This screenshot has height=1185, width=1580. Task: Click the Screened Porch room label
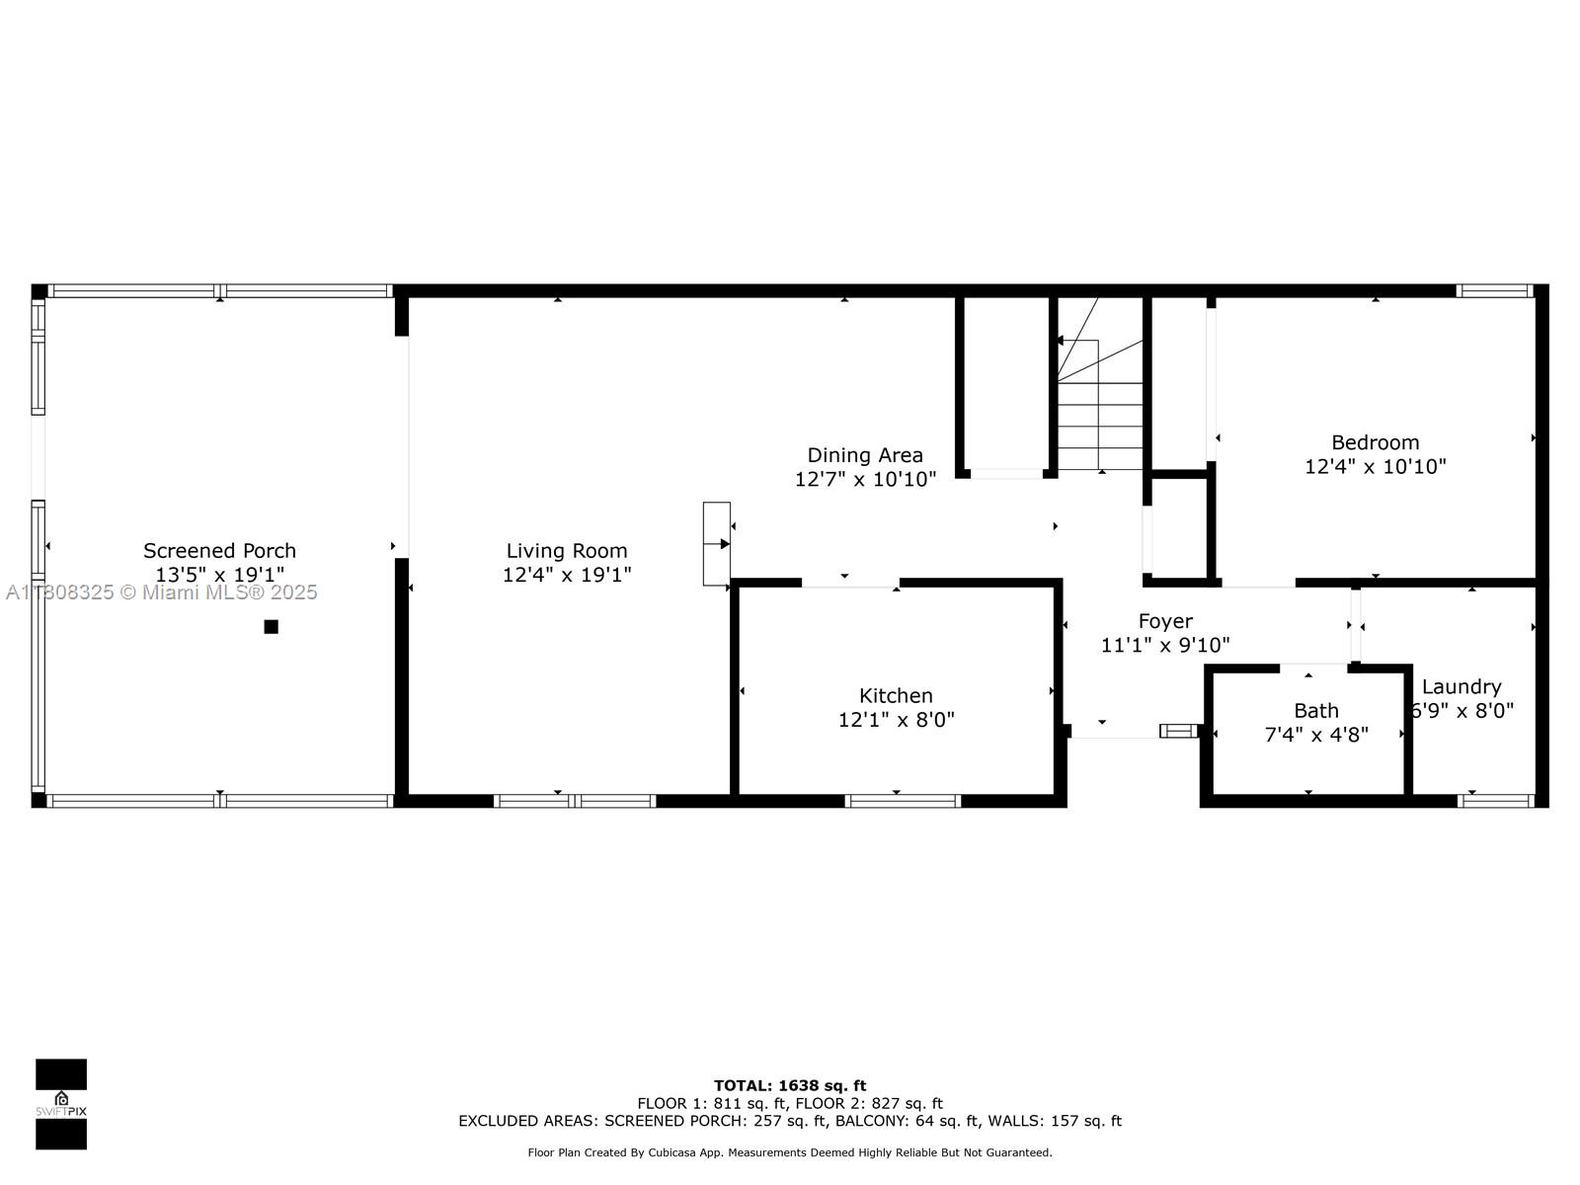point(219,551)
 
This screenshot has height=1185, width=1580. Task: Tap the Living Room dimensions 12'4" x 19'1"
point(567,575)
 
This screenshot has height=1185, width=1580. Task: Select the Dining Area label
point(865,455)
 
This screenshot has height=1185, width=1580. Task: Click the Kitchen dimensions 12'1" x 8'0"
point(896,720)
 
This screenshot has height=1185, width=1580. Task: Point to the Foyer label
point(1165,621)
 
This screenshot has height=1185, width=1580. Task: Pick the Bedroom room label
point(1375,442)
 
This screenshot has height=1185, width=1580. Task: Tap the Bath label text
point(1316,711)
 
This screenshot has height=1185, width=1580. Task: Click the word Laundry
point(1461,686)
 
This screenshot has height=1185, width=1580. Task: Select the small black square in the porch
point(272,626)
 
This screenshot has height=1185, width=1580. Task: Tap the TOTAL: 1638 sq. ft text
point(790,1085)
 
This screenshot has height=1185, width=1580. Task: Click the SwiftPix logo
point(61,1104)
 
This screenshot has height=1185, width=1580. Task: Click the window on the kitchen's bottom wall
point(904,801)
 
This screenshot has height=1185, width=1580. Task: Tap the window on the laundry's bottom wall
point(1496,801)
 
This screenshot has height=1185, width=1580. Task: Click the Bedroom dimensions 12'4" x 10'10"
point(1375,466)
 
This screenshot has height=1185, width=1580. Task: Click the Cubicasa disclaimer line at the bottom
point(790,1152)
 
